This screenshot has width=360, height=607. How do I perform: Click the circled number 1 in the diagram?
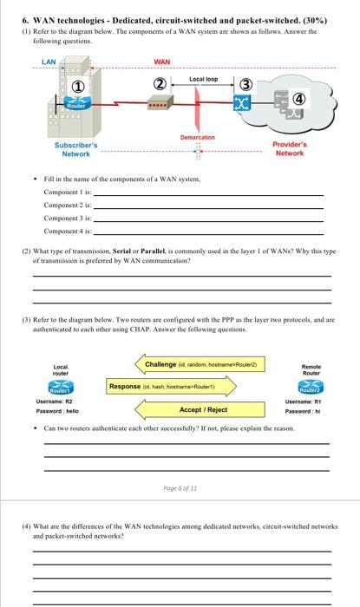78,86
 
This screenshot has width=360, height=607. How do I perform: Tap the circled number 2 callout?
159,84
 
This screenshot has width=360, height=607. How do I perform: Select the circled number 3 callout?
245,83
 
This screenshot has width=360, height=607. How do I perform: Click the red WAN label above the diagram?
161,62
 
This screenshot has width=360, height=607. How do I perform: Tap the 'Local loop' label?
203,79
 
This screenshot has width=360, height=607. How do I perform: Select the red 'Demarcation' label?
197,137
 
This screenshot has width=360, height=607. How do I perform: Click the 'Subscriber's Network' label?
76,149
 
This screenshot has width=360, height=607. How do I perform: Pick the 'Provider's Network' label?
290,149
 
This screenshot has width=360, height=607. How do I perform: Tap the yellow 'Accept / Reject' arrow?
202,409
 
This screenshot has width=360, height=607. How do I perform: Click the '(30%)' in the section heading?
326,18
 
